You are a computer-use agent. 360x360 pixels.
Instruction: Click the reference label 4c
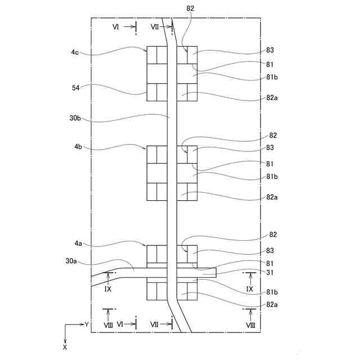pos(75,53)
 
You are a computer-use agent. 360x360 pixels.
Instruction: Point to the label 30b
pos(75,118)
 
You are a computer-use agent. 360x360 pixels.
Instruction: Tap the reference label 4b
pos(77,147)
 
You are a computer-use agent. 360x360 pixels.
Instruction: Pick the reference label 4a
pos(78,244)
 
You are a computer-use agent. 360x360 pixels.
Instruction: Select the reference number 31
pos(271,273)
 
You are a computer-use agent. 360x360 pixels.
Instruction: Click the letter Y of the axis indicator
pos(87,325)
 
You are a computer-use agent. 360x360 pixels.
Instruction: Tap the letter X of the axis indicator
pos(65,347)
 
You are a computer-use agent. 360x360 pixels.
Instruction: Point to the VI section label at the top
pos(115,26)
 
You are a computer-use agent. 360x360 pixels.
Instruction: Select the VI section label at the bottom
pos(120,325)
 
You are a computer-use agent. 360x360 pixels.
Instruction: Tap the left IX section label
pos(108,289)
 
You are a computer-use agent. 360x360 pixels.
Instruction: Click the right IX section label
pos(250,289)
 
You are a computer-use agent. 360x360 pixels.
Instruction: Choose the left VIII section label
pos(109,325)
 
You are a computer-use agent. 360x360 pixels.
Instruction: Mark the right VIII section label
pos(250,325)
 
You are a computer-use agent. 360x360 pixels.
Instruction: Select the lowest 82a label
pos(272,304)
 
